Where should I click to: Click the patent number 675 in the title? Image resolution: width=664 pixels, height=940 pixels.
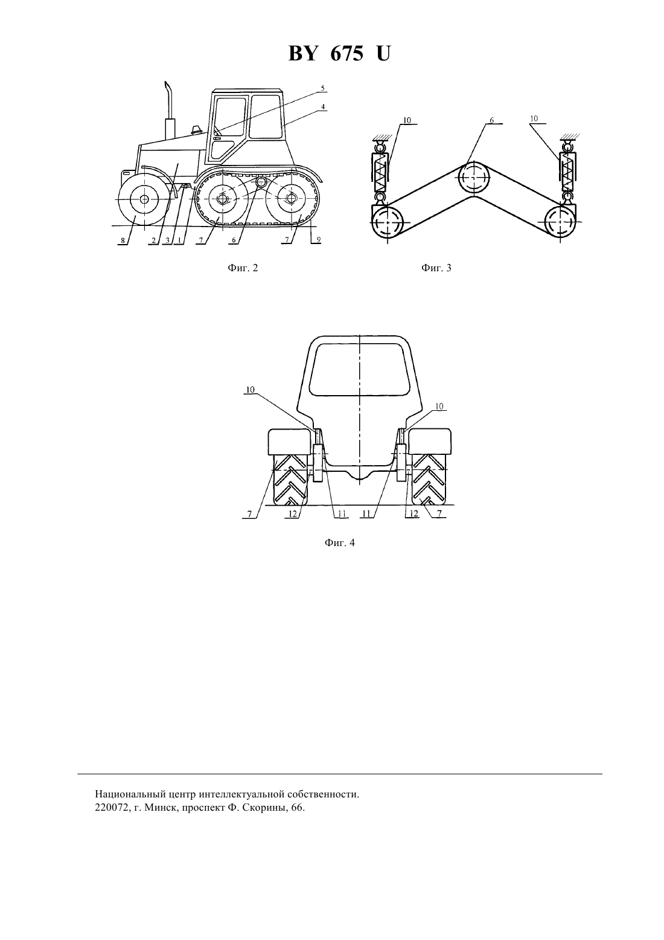pos(346,54)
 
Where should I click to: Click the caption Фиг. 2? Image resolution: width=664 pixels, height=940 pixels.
pos(243,268)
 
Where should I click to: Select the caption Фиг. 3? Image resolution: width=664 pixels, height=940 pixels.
pos(436,268)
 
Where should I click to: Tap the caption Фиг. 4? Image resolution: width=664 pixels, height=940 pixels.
pos(339,542)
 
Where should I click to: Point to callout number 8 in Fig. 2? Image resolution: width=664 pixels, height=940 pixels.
pos(123,241)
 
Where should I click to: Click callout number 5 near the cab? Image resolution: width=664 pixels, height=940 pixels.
pos(322,88)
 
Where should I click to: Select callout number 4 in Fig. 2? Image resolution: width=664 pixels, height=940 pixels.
pos(323,107)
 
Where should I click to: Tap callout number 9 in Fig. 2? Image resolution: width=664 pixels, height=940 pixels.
pos(319,240)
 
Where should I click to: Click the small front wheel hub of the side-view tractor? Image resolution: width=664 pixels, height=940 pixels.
pos(144,199)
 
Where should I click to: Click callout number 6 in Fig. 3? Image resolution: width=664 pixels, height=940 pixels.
pos(492,120)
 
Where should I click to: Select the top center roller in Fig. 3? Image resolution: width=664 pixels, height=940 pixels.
pos(474,178)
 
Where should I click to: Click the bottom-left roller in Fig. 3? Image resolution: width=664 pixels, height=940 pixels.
pos(388,223)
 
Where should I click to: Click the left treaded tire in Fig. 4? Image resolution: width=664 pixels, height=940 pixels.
pos(290,480)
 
